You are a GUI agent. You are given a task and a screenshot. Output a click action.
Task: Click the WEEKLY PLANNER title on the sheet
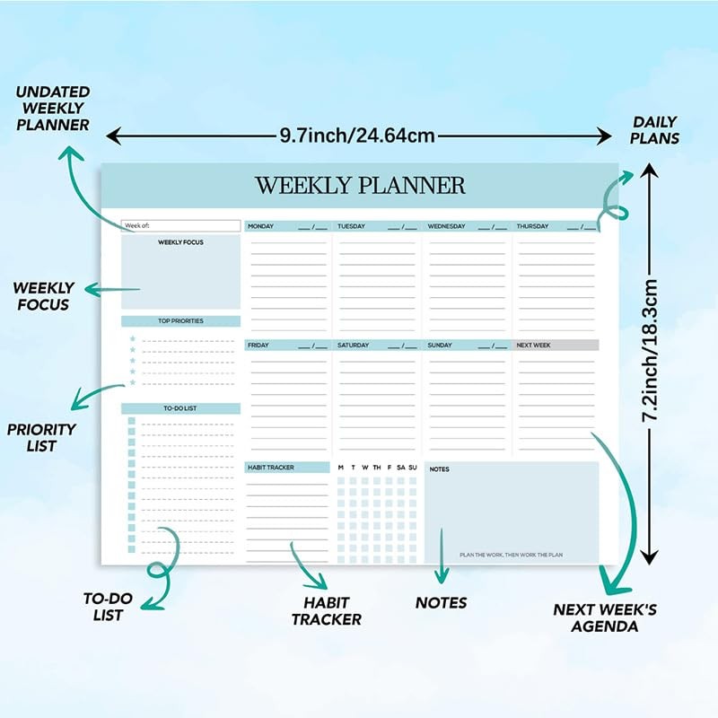[x=360, y=186]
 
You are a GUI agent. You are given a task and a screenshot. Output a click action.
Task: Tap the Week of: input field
[x=180, y=225]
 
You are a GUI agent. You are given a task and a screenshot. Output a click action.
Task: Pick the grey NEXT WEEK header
[x=556, y=346]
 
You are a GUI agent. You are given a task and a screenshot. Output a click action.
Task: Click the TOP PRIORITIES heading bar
[x=180, y=321]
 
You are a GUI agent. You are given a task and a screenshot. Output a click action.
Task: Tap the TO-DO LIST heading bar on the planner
[x=180, y=408]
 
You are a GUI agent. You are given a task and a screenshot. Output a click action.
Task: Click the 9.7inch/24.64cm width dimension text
[x=357, y=136]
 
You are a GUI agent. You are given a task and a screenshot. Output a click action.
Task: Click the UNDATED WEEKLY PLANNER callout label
[x=53, y=108]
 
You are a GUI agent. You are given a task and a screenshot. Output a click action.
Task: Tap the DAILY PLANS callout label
[x=655, y=130]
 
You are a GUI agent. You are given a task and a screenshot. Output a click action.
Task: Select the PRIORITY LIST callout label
[x=41, y=437]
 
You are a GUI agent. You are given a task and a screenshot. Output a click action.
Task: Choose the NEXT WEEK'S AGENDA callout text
[x=605, y=617]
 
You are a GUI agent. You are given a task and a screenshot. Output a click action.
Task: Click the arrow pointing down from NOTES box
[x=441, y=556]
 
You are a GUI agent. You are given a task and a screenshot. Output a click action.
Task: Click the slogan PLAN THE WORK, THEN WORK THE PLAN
[x=511, y=556]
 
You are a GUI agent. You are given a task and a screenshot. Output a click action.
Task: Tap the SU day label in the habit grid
[x=413, y=468]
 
